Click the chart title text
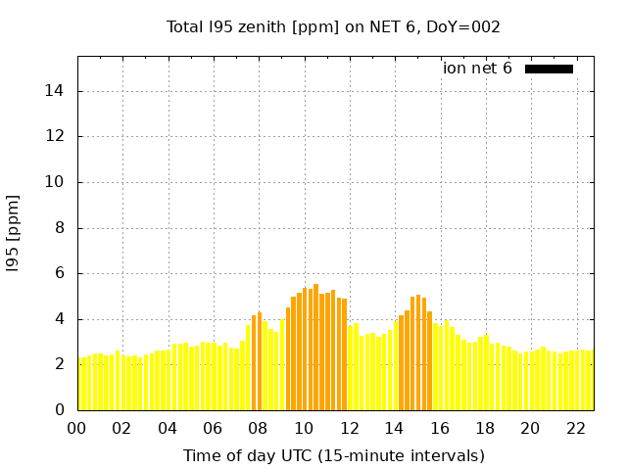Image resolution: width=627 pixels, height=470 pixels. pyautogui.click(x=333, y=27)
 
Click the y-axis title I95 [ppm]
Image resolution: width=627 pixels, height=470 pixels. pyautogui.click(x=14, y=232)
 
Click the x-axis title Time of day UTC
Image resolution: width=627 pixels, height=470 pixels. pyautogui.click(x=333, y=455)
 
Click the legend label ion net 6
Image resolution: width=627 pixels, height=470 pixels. pyautogui.click(x=477, y=69)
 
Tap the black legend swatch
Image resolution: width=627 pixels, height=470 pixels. pyautogui.click(x=549, y=69)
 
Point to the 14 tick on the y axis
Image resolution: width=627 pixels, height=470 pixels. pyautogui.click(x=59, y=91)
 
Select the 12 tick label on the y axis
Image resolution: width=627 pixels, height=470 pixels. pyautogui.click(x=59, y=137)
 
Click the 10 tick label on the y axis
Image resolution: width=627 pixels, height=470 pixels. pyautogui.click(x=59, y=182)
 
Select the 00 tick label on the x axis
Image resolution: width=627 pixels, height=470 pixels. pyautogui.click(x=77, y=428)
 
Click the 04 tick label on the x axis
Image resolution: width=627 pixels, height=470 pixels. pyautogui.click(x=168, y=428)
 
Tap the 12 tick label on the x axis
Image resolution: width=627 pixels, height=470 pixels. pyautogui.click(x=349, y=428)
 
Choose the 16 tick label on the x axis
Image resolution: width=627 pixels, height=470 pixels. pyautogui.click(x=440, y=428)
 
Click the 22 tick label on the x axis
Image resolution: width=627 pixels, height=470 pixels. pyautogui.click(x=575, y=428)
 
